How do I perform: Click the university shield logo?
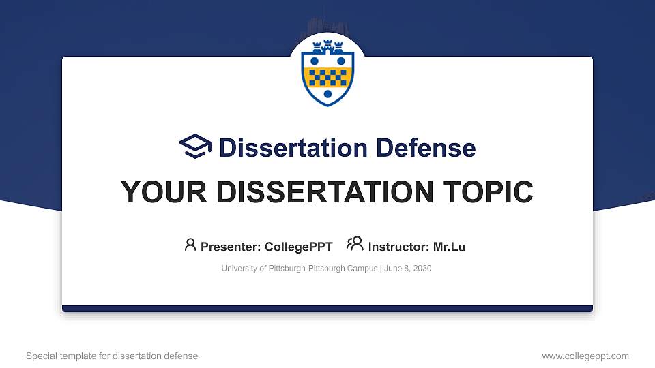coord(327,73)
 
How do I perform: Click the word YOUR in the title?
coord(158,192)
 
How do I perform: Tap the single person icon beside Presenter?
coord(190,245)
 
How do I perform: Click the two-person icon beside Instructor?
coord(355,245)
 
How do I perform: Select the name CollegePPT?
coord(299,247)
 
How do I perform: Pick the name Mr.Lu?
coord(449,247)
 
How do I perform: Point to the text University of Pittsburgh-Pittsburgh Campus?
coord(299,269)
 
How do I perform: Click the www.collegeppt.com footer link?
coord(585,356)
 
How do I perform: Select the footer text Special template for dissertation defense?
coord(112,356)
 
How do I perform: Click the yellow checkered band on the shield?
coord(327,76)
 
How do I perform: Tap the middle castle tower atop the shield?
coord(327,47)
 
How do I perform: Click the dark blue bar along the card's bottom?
coord(327,309)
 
